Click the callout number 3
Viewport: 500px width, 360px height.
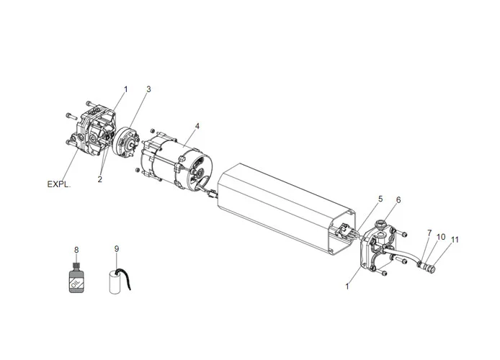(x=148, y=89)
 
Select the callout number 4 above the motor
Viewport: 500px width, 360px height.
(x=197, y=126)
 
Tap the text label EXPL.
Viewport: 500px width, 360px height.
(x=59, y=184)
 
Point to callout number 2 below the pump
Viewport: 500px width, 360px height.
(x=100, y=179)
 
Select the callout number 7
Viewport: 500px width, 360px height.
(x=429, y=233)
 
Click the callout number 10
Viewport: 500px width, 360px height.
(x=441, y=236)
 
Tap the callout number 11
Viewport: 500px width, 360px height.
(x=455, y=240)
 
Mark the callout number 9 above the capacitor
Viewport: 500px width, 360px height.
(x=116, y=249)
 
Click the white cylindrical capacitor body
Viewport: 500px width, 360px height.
(x=117, y=282)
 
